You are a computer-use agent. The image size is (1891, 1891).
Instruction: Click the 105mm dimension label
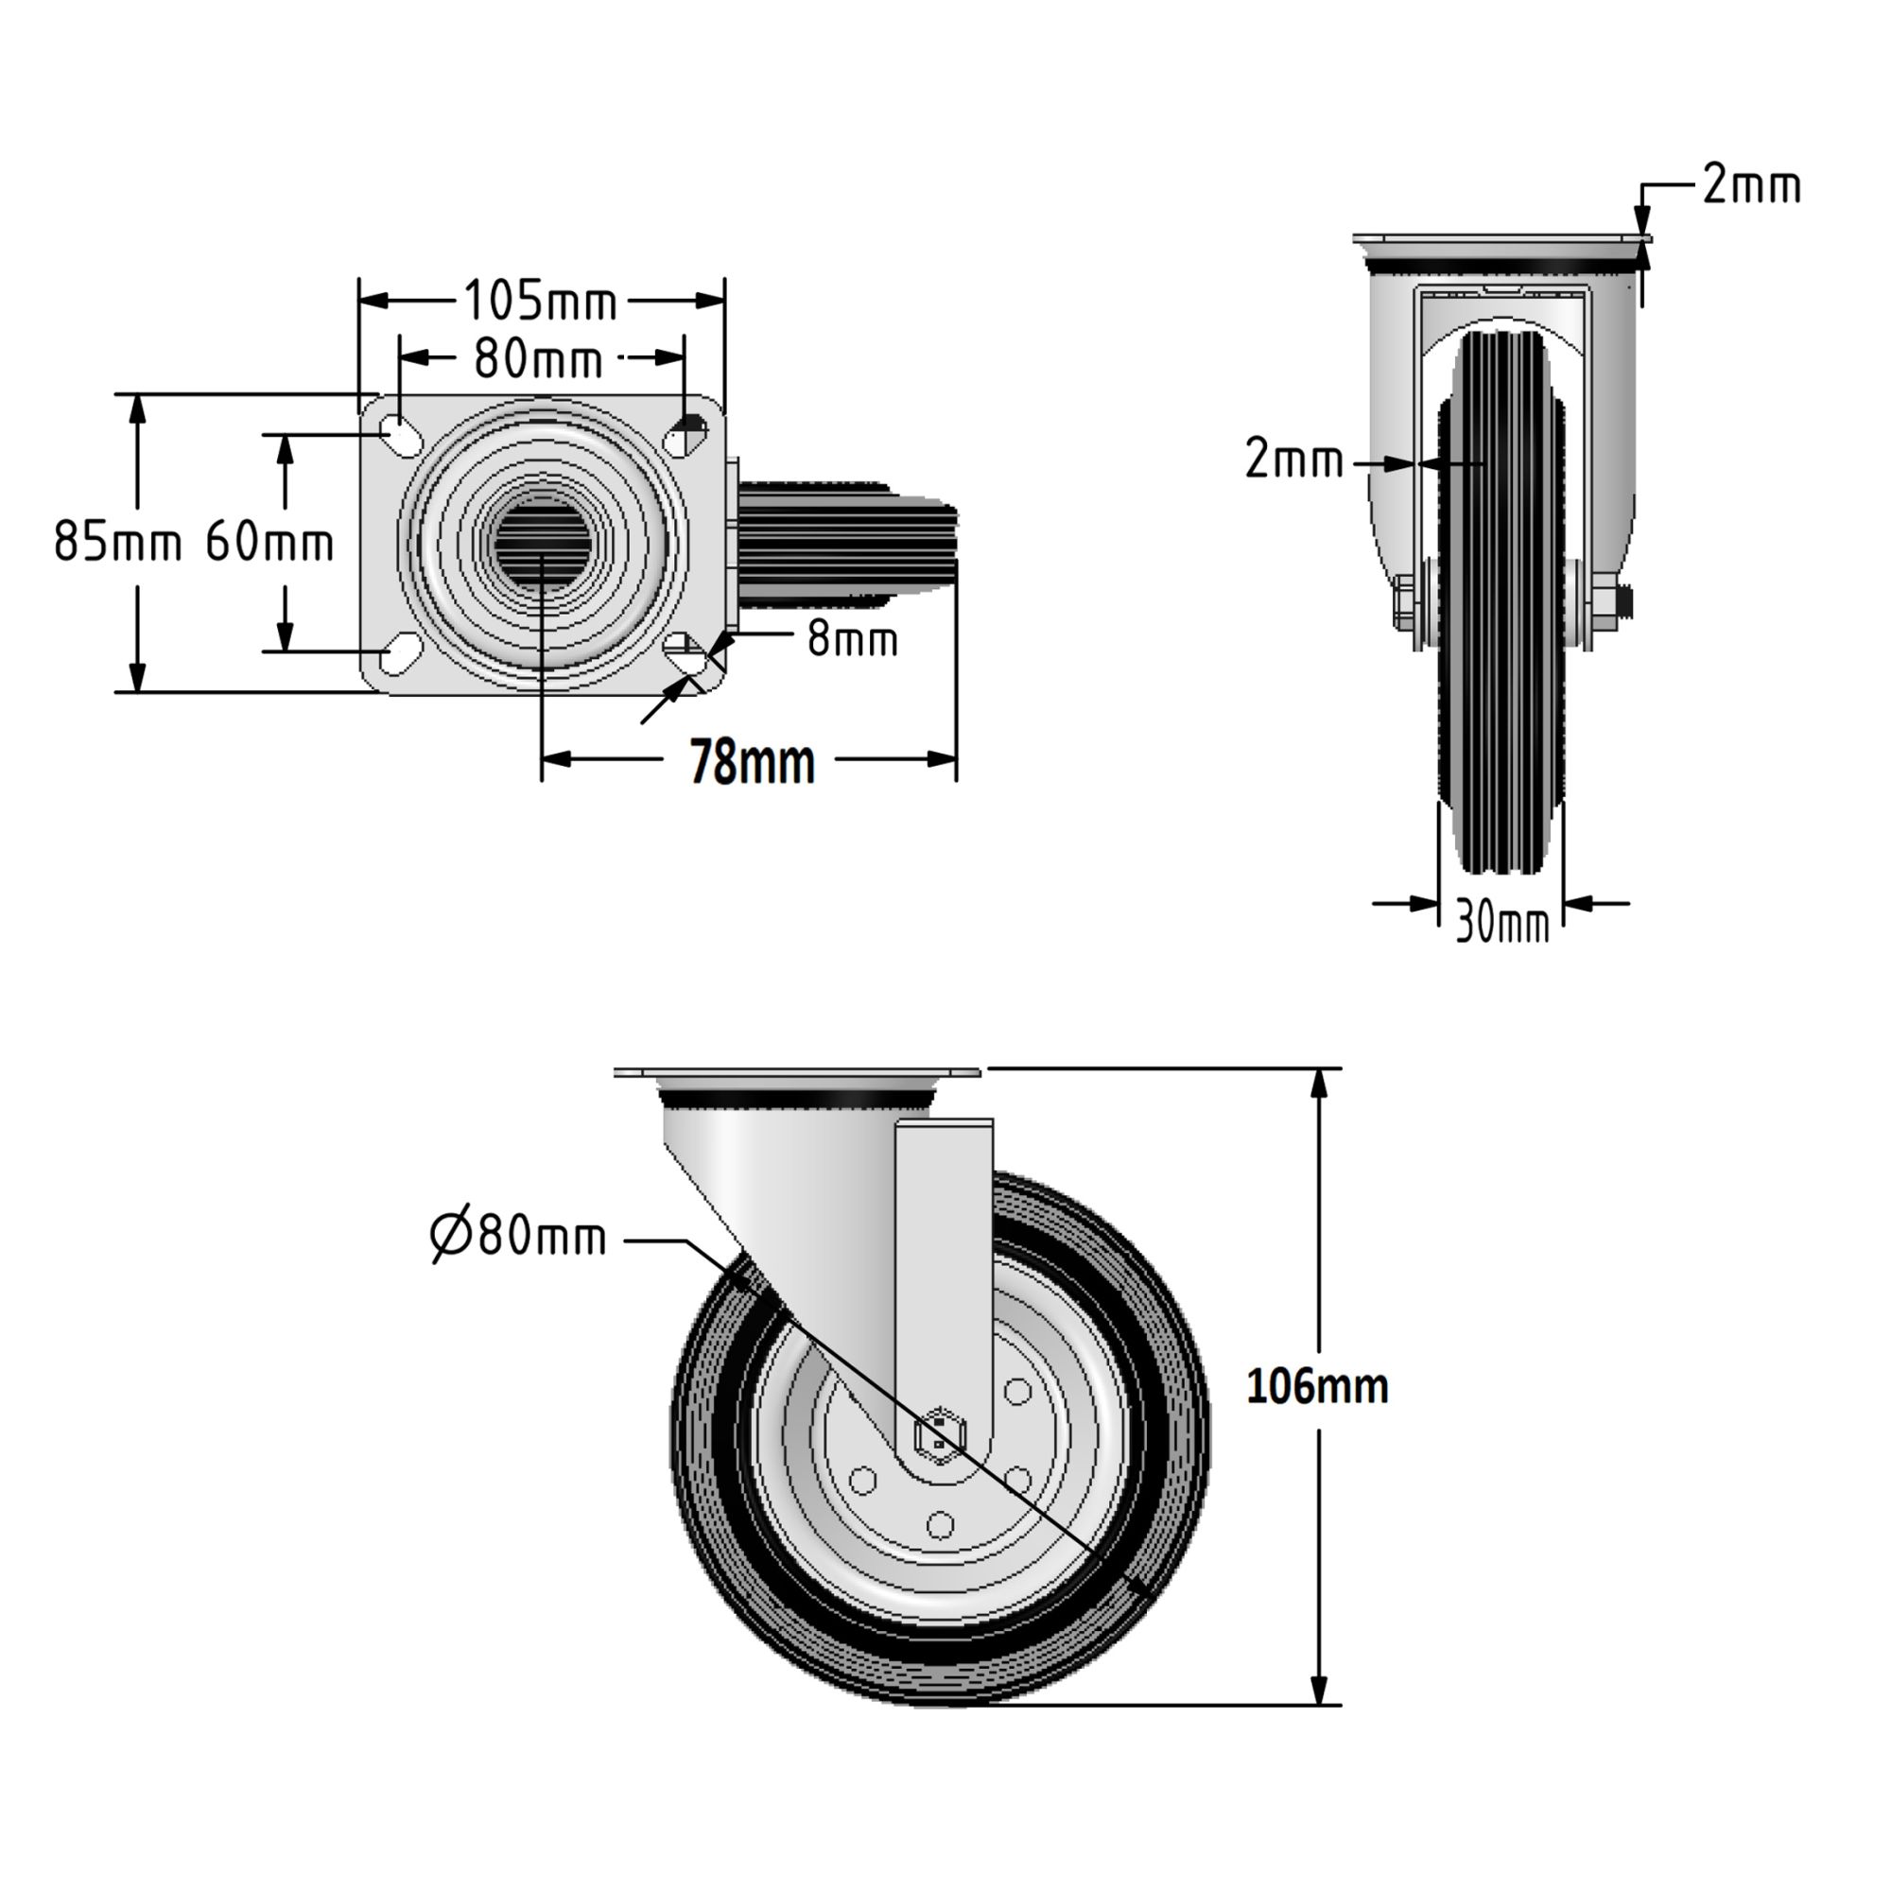tap(540, 302)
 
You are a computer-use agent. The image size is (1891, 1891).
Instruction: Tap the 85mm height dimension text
tap(117, 541)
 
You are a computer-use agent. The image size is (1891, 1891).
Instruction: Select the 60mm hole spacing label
tap(269, 541)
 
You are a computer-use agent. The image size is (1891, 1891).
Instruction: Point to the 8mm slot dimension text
tap(852, 640)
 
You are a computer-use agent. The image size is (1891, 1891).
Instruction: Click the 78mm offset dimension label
tap(752, 763)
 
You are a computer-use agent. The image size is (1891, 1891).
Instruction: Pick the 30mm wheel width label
tap(1502, 922)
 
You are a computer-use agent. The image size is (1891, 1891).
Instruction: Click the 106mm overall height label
tap(1316, 1387)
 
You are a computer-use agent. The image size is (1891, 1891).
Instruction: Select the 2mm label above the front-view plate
tap(1750, 185)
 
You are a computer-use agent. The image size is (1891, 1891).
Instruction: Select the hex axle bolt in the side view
tap(940, 1435)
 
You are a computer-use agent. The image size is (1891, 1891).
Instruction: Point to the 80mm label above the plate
tap(538, 360)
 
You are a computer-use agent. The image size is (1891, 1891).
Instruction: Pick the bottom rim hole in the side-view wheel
tap(940, 1525)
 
